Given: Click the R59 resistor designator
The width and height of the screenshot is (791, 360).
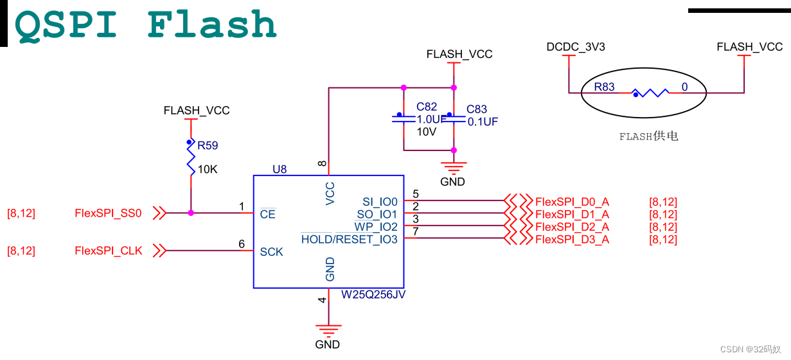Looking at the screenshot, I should [x=208, y=146].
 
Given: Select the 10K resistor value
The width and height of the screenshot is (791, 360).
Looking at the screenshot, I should [x=208, y=170].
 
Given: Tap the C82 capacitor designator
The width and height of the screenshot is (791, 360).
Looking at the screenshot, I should [x=427, y=107].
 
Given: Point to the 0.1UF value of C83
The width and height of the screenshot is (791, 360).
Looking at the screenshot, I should [x=483, y=122].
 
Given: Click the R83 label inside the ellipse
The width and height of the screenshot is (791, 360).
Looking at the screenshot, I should [x=604, y=87].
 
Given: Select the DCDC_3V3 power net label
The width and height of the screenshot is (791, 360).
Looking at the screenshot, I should [x=576, y=47].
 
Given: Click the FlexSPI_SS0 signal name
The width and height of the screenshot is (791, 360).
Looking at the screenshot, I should [x=108, y=213].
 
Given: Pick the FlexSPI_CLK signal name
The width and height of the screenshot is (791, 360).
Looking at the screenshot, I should [x=109, y=251].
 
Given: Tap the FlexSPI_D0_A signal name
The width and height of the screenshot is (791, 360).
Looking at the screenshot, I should [x=572, y=202].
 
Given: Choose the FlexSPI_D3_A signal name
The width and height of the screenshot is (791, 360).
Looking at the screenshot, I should [x=572, y=240].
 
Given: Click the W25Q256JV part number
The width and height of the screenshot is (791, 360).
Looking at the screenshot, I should [x=373, y=295].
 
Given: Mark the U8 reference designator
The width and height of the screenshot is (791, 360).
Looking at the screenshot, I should [x=280, y=170].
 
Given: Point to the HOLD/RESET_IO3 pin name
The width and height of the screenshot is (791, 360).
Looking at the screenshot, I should [x=350, y=240].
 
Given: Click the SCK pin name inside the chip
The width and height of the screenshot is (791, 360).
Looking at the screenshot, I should [x=271, y=252].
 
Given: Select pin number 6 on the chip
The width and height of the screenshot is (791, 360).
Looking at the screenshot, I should [x=242, y=244].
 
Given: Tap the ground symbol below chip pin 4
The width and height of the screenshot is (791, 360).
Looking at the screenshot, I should [x=328, y=331].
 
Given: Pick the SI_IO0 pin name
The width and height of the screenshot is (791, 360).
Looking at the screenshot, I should [x=380, y=202].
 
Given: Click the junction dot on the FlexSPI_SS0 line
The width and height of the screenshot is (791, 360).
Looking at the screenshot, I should [x=191, y=213].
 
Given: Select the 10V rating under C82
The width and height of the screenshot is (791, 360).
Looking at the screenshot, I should [x=427, y=132].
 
